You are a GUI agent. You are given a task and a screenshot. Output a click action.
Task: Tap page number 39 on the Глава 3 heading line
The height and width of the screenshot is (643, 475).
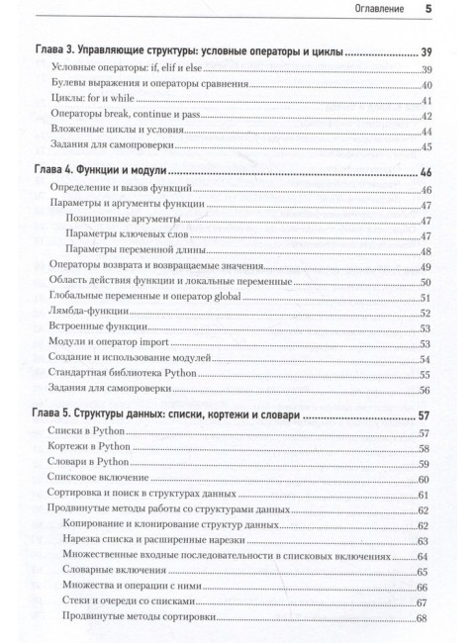point(427,50)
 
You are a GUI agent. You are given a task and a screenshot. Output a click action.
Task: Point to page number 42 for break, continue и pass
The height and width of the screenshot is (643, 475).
point(428,116)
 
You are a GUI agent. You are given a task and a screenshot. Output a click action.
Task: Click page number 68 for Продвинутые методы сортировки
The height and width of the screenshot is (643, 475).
point(428,619)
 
